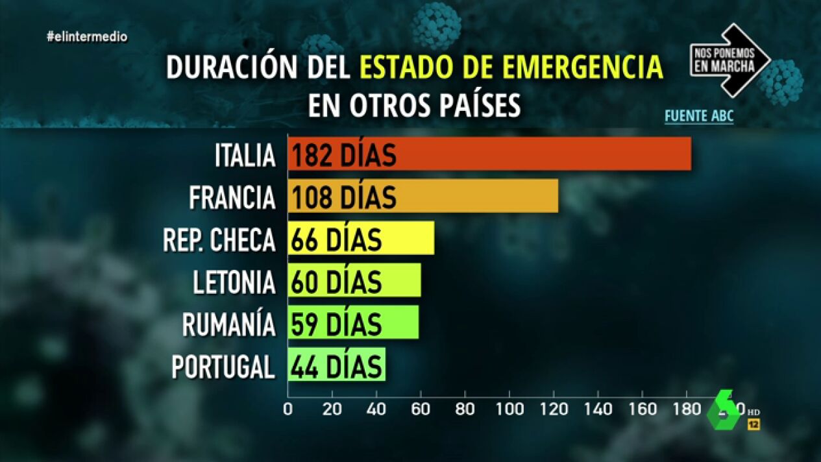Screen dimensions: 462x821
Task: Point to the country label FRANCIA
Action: coord(232,197)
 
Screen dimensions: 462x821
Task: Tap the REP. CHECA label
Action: coord(219,239)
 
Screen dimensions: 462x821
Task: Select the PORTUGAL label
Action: coord(223,367)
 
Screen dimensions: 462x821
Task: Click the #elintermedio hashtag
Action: coord(87,37)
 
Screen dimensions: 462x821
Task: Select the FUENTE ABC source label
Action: coord(698,117)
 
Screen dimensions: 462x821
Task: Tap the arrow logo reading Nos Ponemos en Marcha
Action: coord(728,60)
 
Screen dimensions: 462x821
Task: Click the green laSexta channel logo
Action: coord(724,410)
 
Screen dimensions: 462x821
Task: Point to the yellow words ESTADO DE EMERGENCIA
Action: coord(511,67)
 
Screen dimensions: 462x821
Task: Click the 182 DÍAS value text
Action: coord(343,156)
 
